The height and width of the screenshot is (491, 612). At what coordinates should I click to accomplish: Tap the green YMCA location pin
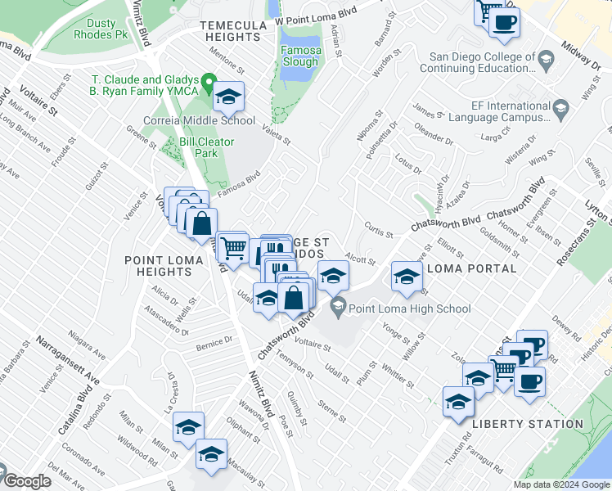[209, 83]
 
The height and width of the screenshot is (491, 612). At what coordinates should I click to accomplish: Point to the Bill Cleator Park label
[208, 147]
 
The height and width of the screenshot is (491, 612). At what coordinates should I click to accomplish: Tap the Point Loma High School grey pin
[337, 308]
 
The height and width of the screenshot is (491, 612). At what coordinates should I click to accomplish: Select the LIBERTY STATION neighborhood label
[527, 424]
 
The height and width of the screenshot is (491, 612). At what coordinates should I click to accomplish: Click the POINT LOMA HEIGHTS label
[158, 265]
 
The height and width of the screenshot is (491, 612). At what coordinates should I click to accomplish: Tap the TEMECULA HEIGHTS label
[233, 31]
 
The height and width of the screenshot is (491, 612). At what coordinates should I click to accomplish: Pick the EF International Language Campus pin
[560, 107]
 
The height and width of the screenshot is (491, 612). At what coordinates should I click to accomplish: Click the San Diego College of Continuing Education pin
[546, 58]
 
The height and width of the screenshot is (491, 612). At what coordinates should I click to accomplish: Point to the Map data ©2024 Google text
[561, 484]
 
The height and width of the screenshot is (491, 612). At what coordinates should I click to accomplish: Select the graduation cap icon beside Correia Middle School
[229, 97]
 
